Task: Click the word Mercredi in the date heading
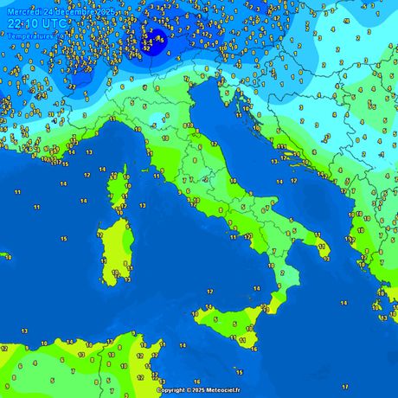[22, 9]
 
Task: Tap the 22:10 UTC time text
[31, 22]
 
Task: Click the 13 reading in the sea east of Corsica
[142, 207]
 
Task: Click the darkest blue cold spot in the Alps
[158, 36]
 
